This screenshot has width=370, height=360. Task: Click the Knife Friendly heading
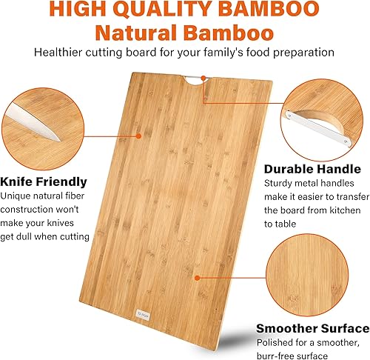coord(44,181)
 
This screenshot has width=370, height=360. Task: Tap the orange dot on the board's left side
coord(139,135)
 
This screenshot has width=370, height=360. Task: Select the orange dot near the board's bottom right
coord(196,277)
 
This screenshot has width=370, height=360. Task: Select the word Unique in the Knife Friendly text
coord(18,196)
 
